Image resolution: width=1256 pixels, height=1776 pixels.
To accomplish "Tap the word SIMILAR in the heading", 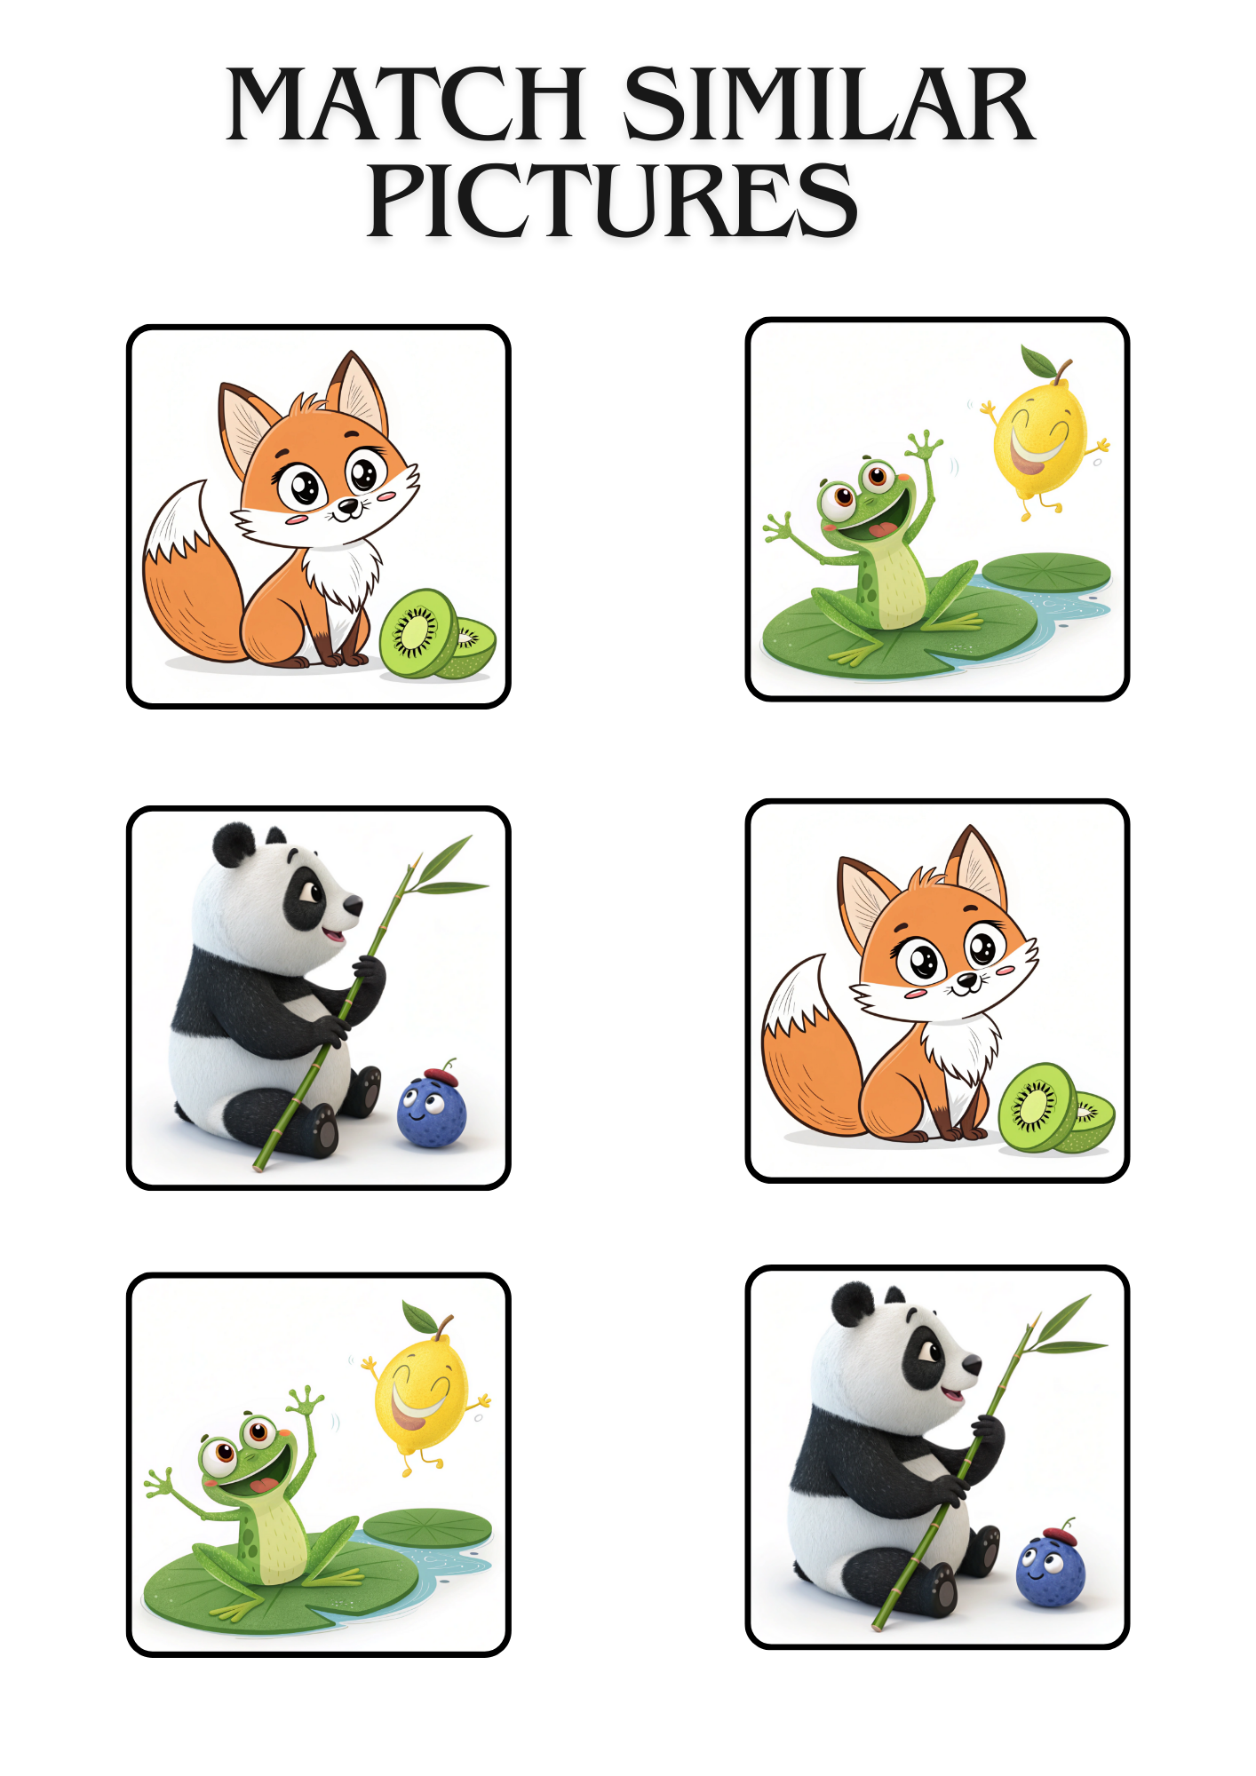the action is pos(830,104).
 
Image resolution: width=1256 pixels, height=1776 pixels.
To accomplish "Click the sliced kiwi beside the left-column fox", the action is pos(437,634).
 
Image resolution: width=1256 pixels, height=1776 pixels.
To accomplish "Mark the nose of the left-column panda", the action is pos(354,906).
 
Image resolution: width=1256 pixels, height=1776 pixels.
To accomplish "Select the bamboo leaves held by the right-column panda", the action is pos(1065,1323).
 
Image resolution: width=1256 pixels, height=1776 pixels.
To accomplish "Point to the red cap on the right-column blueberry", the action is pos(1059,1534).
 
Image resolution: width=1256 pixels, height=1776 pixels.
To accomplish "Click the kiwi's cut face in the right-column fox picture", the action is pos(1036,1107).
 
